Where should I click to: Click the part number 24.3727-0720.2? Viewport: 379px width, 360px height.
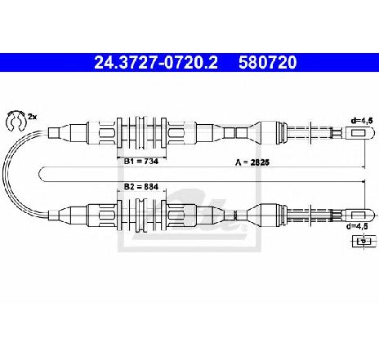click(156, 63)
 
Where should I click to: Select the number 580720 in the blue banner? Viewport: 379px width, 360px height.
click(267, 63)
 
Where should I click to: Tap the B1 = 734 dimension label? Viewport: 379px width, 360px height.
click(141, 162)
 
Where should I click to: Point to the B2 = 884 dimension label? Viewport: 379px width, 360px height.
click(141, 187)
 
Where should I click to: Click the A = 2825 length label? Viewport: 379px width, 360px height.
click(252, 162)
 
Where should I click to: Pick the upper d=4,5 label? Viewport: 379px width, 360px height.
click(362, 121)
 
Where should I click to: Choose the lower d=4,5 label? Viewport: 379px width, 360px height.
click(357, 226)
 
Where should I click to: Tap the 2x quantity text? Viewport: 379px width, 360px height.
click(32, 117)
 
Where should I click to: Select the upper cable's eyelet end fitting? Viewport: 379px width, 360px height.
click(359, 133)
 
